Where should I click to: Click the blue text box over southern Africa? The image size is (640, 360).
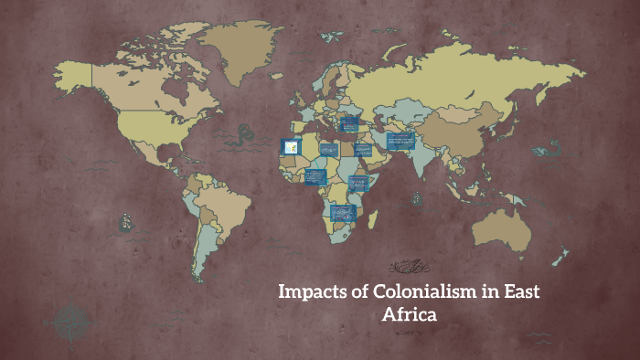(x=343, y=212)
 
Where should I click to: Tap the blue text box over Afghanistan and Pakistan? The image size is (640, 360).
(x=400, y=141)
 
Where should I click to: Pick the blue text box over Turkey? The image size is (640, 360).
(x=348, y=123)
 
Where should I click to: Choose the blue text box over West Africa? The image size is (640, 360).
(x=316, y=175)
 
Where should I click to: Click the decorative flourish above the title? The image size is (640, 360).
(x=409, y=268)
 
